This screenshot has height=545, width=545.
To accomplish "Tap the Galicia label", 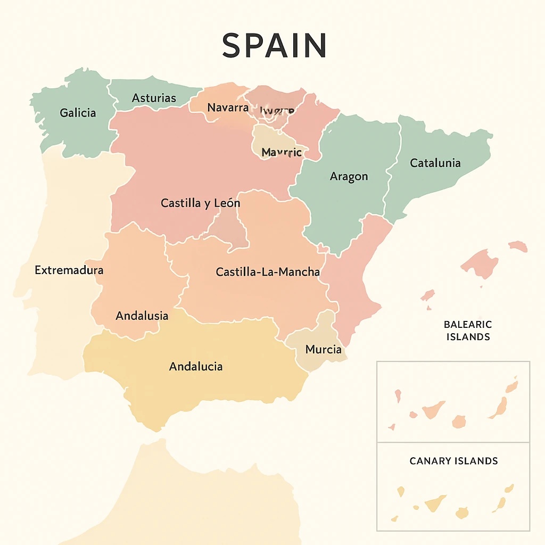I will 78,113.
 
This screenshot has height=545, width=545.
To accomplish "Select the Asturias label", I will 154,98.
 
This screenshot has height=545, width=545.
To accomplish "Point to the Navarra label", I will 228,108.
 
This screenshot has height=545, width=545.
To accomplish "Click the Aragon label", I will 349,177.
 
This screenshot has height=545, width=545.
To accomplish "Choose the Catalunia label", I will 435,163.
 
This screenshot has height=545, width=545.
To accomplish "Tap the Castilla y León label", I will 200,203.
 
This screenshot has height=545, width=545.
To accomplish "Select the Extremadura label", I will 69,270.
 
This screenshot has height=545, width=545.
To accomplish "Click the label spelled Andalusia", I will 142,316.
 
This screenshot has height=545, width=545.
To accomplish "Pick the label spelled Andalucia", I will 195,367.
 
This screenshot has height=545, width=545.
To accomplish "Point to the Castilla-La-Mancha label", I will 268,272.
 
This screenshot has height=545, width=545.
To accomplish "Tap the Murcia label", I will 324,350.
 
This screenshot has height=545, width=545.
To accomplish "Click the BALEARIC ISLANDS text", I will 467,331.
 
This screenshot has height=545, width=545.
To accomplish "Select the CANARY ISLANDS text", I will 453,461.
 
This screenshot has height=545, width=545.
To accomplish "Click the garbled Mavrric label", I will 282,153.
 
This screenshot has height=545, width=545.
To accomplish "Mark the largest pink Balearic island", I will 481,263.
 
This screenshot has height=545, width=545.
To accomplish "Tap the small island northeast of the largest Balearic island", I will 518,246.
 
